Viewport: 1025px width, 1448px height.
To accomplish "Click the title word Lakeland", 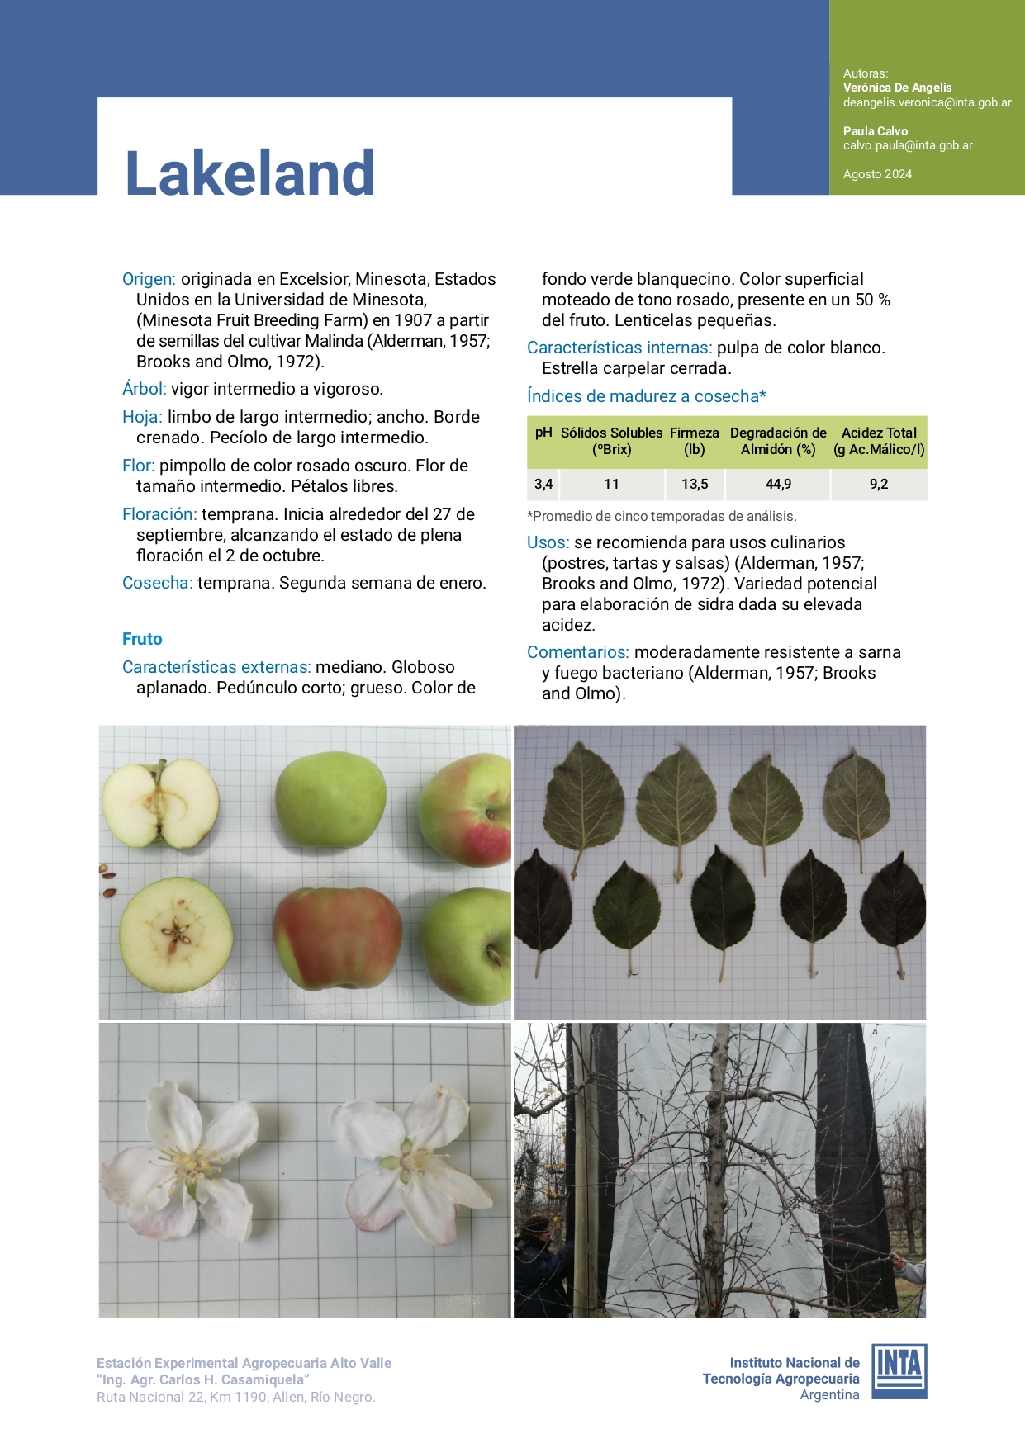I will coord(249,173).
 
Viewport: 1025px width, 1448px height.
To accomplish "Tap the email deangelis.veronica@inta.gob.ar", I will coord(927,102).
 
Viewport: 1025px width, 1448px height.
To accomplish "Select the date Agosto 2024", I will coord(877,174).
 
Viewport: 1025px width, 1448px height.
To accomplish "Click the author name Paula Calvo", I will coord(875,131).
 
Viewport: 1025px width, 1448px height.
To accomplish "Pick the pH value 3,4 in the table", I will coord(543,485).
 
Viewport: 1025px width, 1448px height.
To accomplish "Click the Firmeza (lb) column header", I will coord(694,441).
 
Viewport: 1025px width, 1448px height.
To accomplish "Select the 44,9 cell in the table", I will coord(778,485).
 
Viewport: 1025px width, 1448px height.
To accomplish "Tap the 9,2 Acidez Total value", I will coord(878,485).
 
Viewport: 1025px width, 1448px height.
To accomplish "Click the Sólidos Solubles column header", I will coord(611,441).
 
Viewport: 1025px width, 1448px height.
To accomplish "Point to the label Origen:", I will coord(149,279).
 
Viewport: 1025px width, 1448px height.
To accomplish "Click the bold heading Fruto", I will coord(142,639).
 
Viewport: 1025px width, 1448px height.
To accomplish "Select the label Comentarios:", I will coord(577,652).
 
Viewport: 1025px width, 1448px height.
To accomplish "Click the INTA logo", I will coord(899,1371).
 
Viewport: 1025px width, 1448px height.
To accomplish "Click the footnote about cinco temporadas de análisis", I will coord(662,517).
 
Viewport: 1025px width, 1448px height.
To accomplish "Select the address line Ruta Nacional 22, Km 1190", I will coord(235,1397).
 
